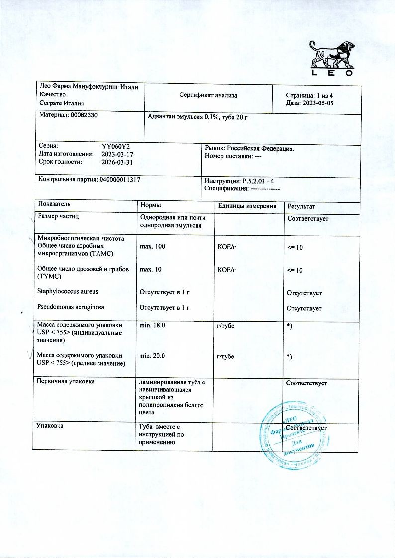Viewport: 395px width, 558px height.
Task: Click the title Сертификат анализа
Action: click(208, 95)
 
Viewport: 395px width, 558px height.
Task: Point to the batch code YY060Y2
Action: click(115, 147)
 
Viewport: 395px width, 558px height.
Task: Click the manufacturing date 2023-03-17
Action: click(117, 154)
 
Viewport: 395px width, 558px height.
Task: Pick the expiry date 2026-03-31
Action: click(117, 162)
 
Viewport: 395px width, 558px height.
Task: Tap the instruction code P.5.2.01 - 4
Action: click(261, 181)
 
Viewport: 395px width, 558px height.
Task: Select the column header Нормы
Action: click(151, 206)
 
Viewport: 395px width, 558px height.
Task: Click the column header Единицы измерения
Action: click(247, 206)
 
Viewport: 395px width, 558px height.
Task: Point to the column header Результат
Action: click(300, 206)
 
